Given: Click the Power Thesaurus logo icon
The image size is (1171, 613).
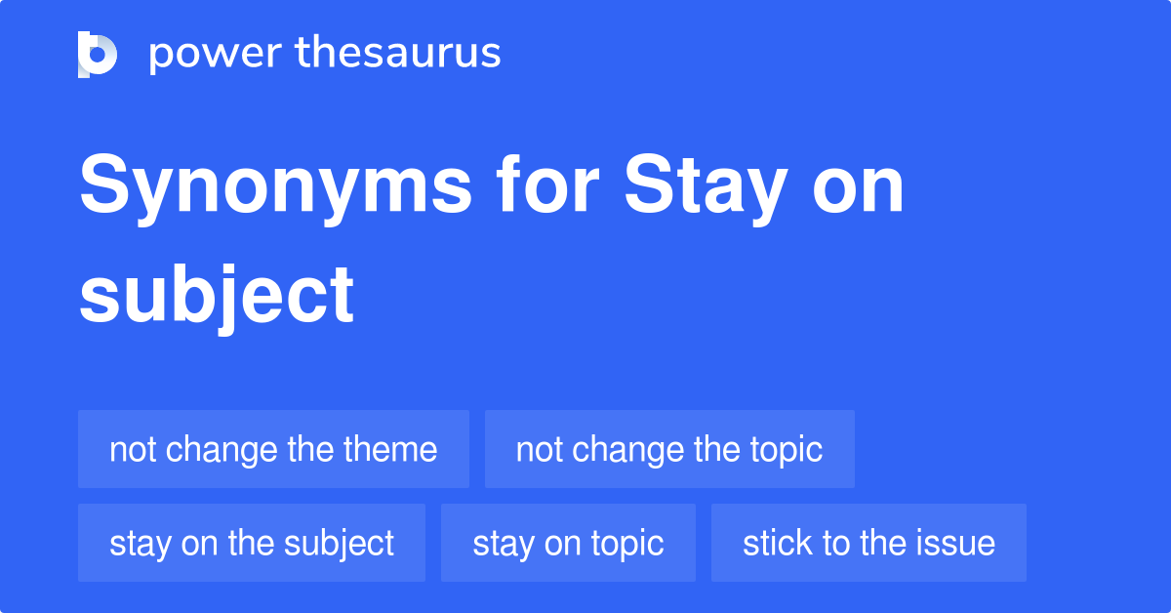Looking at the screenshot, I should [98, 54].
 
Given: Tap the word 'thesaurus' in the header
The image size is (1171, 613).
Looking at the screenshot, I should [398, 54].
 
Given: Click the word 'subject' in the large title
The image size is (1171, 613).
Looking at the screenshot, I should [217, 295].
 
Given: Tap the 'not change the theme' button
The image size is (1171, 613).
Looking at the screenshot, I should [273, 449].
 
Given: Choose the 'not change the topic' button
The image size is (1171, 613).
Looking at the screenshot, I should [669, 449].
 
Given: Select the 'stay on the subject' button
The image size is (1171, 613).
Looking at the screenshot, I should [252, 543].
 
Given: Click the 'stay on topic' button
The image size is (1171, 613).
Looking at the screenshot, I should [568, 543].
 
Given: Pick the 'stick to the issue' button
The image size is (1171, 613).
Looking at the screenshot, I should [868, 543].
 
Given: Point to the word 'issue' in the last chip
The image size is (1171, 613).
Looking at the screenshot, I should [959, 543].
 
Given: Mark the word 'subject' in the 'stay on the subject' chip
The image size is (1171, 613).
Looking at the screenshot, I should [340, 544].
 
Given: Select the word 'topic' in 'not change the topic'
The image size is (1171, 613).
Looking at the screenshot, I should [786, 450].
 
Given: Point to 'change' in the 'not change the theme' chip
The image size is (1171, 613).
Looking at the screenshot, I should [218, 450].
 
